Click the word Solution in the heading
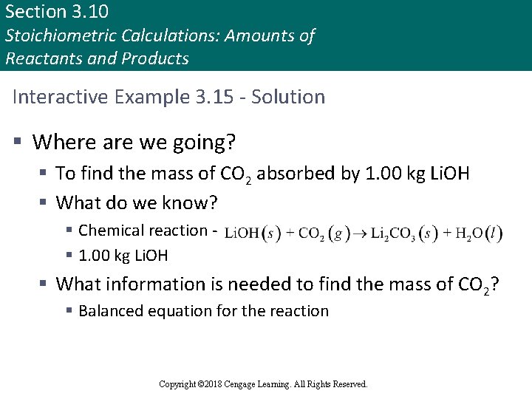289,97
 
